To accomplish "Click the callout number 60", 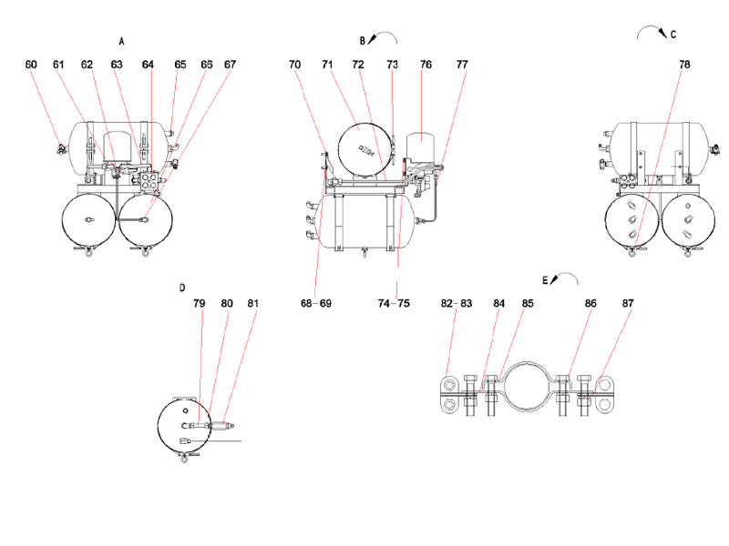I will point(32,65).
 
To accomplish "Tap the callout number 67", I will point(230,65).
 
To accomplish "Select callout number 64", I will point(148,65).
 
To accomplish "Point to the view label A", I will point(121,41).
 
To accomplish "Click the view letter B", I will point(362,40).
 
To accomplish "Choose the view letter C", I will point(673,35).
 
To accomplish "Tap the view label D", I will point(182,288).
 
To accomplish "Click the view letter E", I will point(545,281).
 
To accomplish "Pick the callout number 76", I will point(426,65).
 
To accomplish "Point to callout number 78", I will point(684,65).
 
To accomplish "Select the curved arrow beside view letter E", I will point(566,277).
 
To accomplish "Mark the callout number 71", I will point(326,65).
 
